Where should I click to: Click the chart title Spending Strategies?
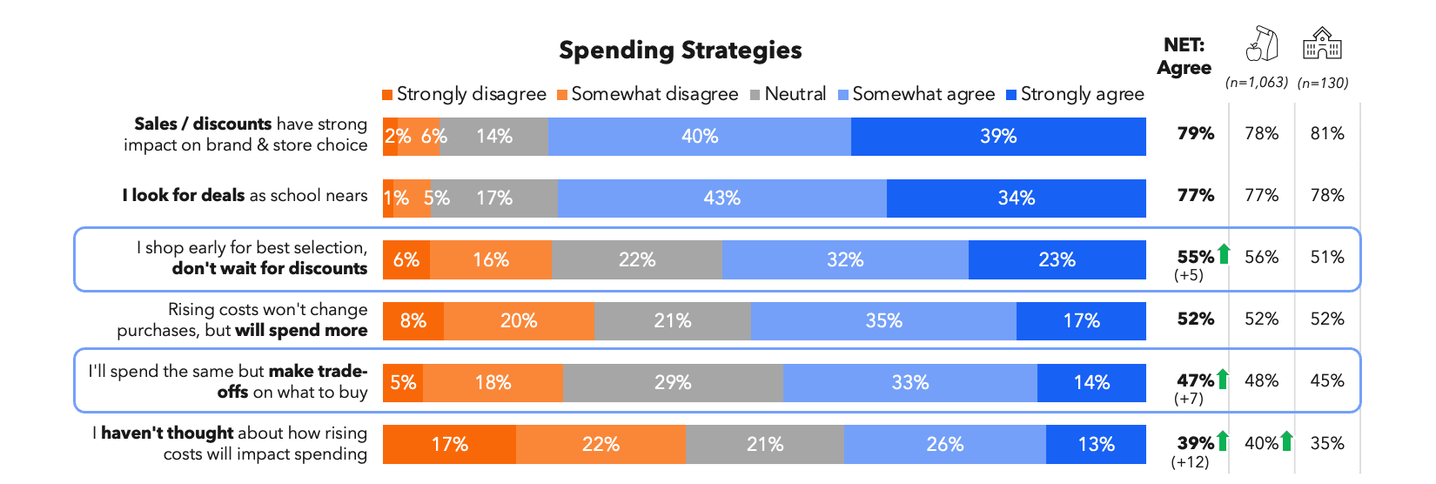(680, 50)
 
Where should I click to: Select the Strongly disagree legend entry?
(464, 94)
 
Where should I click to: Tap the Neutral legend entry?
(788, 94)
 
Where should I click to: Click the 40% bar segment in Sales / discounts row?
(700, 137)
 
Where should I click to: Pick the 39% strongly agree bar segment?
(998, 137)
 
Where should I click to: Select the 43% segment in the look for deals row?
(721, 198)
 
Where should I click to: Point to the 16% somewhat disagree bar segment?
(491, 260)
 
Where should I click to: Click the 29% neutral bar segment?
(673, 383)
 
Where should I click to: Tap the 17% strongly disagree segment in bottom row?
(449, 445)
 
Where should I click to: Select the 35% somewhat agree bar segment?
(883, 321)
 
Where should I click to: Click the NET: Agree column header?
(1184, 57)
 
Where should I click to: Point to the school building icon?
(1322, 44)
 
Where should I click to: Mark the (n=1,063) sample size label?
(1256, 83)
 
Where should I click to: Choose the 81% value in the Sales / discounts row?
(1327, 134)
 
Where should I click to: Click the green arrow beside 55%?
(1224, 254)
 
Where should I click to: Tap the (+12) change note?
(1190, 462)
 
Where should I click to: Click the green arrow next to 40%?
(1286, 441)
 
